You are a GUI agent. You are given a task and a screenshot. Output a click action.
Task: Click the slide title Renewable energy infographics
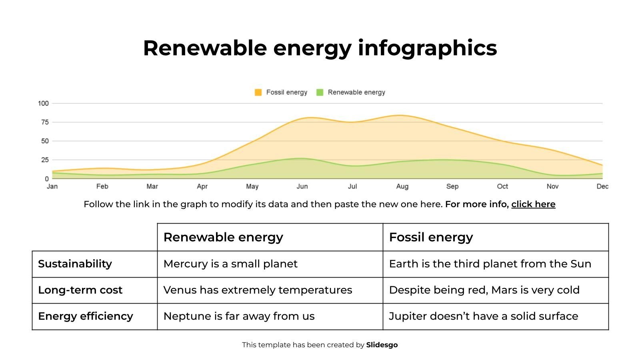pyautogui.click(x=320, y=48)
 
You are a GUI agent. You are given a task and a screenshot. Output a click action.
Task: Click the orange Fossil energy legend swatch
pyautogui.click(x=258, y=92)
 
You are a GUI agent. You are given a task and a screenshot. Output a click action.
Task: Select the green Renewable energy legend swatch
pyautogui.click(x=320, y=92)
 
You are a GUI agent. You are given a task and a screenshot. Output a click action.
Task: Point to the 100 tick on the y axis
pyautogui.click(x=43, y=103)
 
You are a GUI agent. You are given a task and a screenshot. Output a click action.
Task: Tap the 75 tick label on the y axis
pyautogui.click(x=44, y=122)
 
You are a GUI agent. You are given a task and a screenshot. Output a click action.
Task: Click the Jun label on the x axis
pyautogui.click(x=302, y=186)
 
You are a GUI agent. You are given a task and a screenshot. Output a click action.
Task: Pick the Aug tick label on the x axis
pyautogui.click(x=402, y=186)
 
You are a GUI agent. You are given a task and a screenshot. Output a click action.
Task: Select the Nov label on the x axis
pyautogui.click(x=552, y=186)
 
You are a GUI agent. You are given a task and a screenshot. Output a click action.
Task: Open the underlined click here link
pyautogui.click(x=533, y=204)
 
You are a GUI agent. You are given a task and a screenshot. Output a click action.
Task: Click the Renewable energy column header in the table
pyautogui.click(x=223, y=237)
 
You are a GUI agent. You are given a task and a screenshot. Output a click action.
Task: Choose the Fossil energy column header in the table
pyautogui.click(x=431, y=237)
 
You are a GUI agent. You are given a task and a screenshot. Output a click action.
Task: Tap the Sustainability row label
pyautogui.click(x=75, y=264)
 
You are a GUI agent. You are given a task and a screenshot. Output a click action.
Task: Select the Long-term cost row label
pyautogui.click(x=80, y=290)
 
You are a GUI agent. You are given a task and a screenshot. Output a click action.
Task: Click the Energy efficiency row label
pyautogui.click(x=85, y=316)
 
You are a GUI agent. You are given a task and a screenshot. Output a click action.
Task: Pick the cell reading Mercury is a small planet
pyautogui.click(x=230, y=264)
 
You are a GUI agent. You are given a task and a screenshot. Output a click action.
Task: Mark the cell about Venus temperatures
pyautogui.click(x=258, y=290)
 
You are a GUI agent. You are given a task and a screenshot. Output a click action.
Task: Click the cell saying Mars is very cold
pyautogui.click(x=484, y=290)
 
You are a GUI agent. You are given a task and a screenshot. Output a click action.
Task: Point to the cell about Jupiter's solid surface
pyautogui.click(x=483, y=316)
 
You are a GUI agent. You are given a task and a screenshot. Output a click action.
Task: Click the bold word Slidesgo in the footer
pyautogui.click(x=382, y=345)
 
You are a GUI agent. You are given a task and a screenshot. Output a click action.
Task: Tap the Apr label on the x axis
pyautogui.click(x=202, y=186)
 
